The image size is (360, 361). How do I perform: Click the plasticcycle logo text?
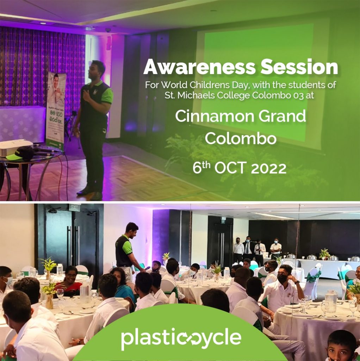click(181, 339)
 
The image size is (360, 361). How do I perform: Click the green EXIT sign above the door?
click(74, 207)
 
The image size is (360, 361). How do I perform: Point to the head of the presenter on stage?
click(98, 71)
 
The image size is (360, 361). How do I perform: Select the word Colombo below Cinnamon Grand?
click(241, 138)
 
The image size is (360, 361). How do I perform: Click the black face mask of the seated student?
click(283, 279)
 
